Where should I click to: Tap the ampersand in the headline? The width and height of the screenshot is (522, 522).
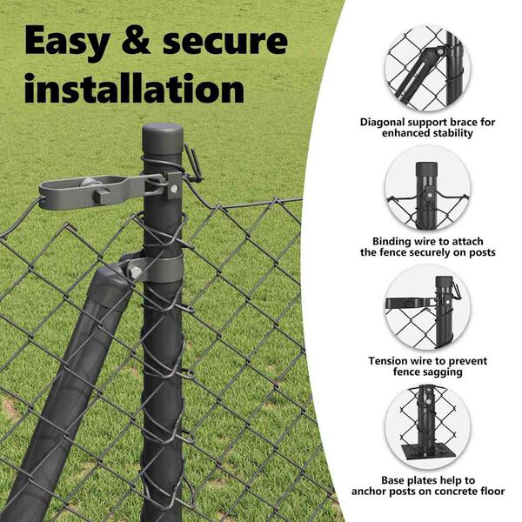pos(137,40)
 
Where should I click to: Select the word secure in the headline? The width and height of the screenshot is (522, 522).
pos(225,42)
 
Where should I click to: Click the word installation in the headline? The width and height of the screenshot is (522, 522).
pos(135,88)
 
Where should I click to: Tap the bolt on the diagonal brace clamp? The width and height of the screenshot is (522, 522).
pos(136,272)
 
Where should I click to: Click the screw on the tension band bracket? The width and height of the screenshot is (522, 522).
pos(174,189)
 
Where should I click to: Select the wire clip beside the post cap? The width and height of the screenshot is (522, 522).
pos(193,164)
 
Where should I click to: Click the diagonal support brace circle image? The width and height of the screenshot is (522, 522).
pos(427,68)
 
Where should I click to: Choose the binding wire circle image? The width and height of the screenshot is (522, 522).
pos(427,188)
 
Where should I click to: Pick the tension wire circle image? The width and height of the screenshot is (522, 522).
pos(427,308)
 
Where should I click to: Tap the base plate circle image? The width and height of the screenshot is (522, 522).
pos(427,427)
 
